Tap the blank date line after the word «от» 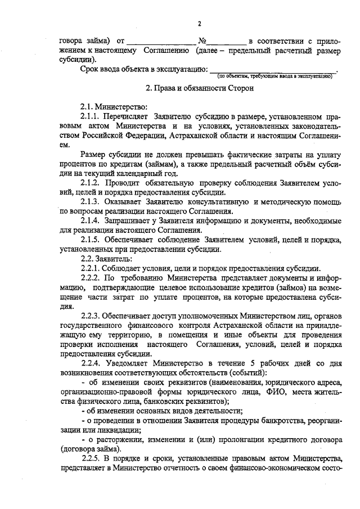coord(161,43)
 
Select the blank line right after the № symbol coord(228,43)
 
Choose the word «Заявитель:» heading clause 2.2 coord(115,259)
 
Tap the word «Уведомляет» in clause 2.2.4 coord(128,363)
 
